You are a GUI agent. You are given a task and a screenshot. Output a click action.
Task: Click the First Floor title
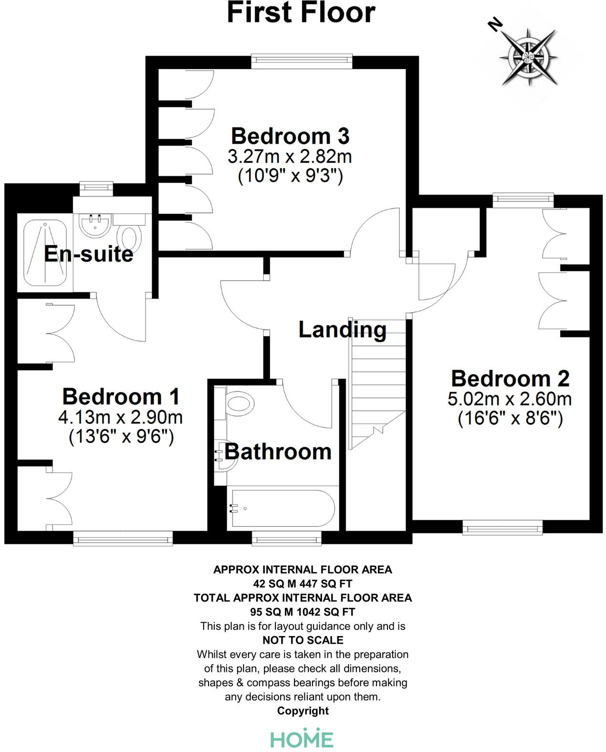click(x=301, y=13)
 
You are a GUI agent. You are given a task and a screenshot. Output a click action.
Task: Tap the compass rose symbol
click(x=529, y=56)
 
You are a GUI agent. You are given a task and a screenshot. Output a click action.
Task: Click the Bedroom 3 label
click(x=290, y=136)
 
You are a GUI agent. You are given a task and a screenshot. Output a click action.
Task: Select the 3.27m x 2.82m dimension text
click(x=290, y=157)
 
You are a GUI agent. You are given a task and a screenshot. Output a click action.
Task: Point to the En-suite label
click(x=89, y=254)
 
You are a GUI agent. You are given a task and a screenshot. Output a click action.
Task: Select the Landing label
click(x=342, y=330)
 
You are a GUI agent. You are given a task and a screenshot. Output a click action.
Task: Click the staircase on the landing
click(x=377, y=382)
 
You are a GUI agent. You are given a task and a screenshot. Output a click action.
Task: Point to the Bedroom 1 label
click(x=121, y=397)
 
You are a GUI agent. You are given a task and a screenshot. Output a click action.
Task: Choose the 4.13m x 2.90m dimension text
click(x=121, y=418)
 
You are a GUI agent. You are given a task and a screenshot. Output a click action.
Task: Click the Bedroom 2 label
click(x=510, y=378)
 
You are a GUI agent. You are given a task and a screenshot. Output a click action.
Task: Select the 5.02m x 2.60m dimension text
click(x=510, y=399)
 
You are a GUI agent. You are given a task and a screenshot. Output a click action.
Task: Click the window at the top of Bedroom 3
click(x=302, y=59)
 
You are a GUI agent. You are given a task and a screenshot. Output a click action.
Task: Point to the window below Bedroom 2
click(x=502, y=527)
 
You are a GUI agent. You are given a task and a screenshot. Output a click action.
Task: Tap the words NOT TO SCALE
click(x=303, y=640)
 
